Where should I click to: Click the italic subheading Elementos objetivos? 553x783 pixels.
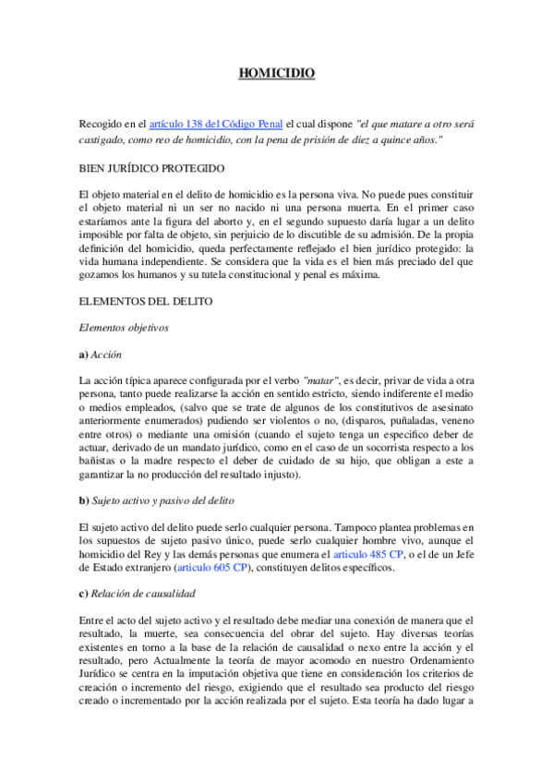click(124, 327)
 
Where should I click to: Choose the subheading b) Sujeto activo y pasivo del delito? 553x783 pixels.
click(164, 500)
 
